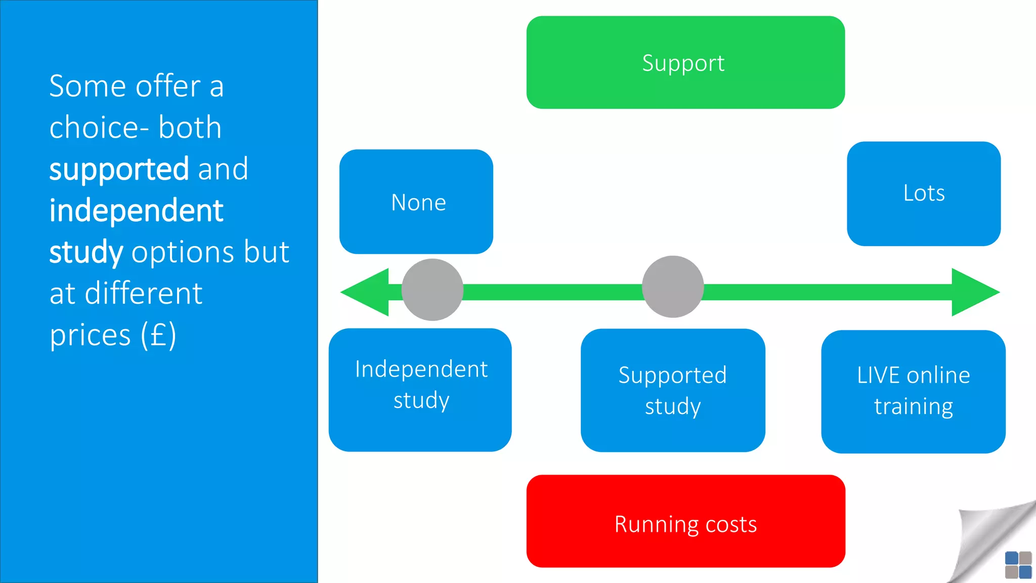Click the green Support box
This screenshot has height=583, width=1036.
click(x=685, y=62)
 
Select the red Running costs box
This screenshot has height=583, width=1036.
click(x=685, y=521)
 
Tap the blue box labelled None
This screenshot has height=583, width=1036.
click(x=416, y=201)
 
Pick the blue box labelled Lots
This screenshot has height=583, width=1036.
click(x=924, y=193)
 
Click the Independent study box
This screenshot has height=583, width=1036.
click(x=420, y=390)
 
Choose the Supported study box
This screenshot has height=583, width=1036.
click(x=673, y=390)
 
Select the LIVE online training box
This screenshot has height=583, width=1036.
click(x=913, y=391)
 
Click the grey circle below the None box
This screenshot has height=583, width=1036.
click(x=433, y=289)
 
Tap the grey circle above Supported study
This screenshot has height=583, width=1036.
click(x=673, y=286)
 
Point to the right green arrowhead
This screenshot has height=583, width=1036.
click(x=974, y=292)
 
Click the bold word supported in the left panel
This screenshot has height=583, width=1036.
click(x=119, y=170)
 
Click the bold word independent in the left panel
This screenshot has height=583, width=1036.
click(x=136, y=211)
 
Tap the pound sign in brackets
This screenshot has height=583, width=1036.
click(x=158, y=335)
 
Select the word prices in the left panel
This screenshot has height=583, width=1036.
click(x=90, y=336)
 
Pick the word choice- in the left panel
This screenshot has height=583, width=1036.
click(x=99, y=128)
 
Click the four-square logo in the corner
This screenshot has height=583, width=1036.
click(x=1018, y=565)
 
